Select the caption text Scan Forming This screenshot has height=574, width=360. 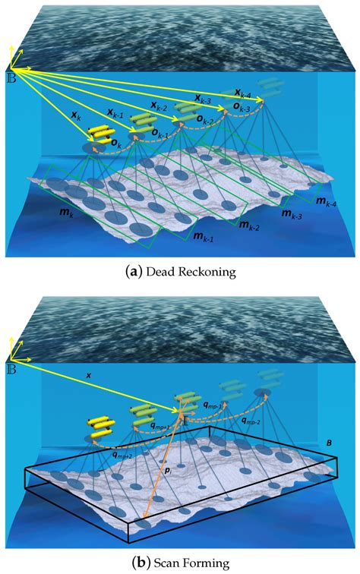(x=192, y=563)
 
